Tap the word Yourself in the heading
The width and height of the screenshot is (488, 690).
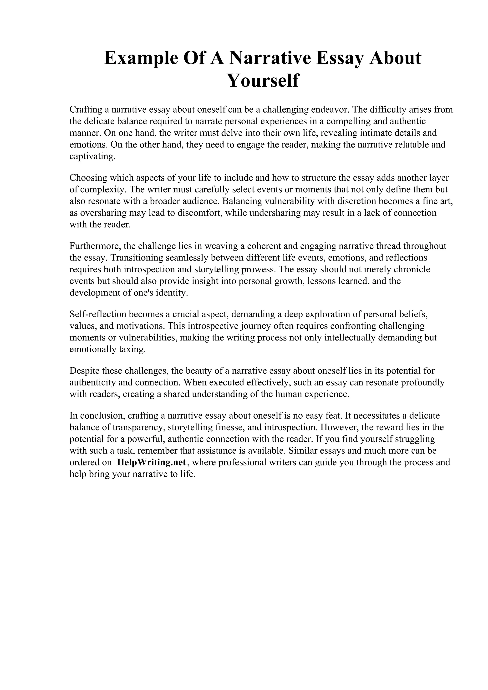(263, 80)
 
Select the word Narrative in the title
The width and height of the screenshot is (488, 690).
(270, 58)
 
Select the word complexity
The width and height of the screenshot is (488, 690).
(101, 190)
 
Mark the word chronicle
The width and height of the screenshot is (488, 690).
(412, 269)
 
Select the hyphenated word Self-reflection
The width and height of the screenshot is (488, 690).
(98, 314)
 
